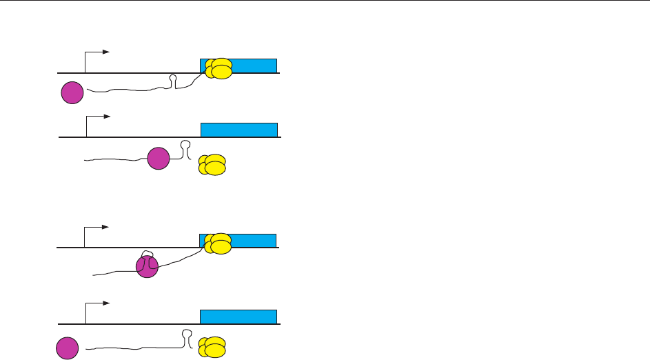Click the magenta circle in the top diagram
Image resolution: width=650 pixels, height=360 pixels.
point(72,92)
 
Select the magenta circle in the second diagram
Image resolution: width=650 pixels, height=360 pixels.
point(159,159)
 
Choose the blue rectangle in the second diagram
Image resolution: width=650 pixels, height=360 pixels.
point(239,130)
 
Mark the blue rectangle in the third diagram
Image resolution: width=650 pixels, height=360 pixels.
point(252,241)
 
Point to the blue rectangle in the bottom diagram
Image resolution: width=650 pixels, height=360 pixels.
point(238,317)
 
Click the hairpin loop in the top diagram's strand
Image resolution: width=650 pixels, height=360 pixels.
point(174,81)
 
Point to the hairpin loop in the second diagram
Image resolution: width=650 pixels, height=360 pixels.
point(185,147)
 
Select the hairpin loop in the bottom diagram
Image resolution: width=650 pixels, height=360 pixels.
point(186,336)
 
